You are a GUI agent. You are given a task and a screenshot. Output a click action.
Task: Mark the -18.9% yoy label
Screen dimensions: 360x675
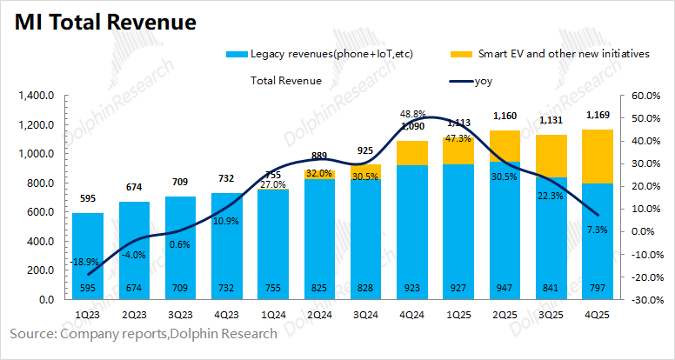pos(85,262)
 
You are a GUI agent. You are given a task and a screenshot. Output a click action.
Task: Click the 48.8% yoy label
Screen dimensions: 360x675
pos(412,114)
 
